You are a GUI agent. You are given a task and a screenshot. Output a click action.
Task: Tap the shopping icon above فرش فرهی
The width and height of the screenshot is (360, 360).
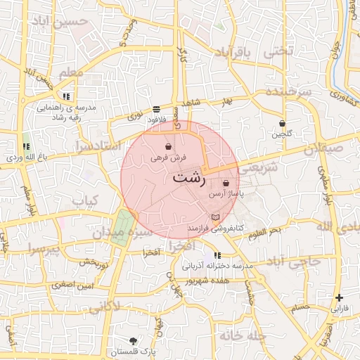pos(167,147)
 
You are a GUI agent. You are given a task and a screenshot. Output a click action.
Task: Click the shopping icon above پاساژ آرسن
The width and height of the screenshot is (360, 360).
pos(225,182)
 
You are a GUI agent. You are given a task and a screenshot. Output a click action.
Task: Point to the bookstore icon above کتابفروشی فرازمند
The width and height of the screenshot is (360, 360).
pos(215,217)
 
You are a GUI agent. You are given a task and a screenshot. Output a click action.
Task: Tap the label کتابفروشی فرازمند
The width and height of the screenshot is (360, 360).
pos(215,229)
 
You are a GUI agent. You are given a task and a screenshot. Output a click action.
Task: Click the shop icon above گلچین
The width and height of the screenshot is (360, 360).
pos(282,123)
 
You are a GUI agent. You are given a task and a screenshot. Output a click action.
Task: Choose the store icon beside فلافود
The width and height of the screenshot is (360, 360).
pos(155,109)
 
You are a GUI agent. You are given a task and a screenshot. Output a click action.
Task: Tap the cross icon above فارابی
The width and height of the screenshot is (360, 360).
pos(340,297)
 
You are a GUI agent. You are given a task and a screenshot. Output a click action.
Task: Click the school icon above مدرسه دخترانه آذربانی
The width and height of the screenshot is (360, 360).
pos(217,255)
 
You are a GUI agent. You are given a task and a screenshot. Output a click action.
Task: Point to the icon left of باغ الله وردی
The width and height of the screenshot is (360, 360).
pos(26,147)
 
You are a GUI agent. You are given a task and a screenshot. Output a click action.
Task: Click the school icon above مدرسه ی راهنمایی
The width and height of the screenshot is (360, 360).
pos(65,96)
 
